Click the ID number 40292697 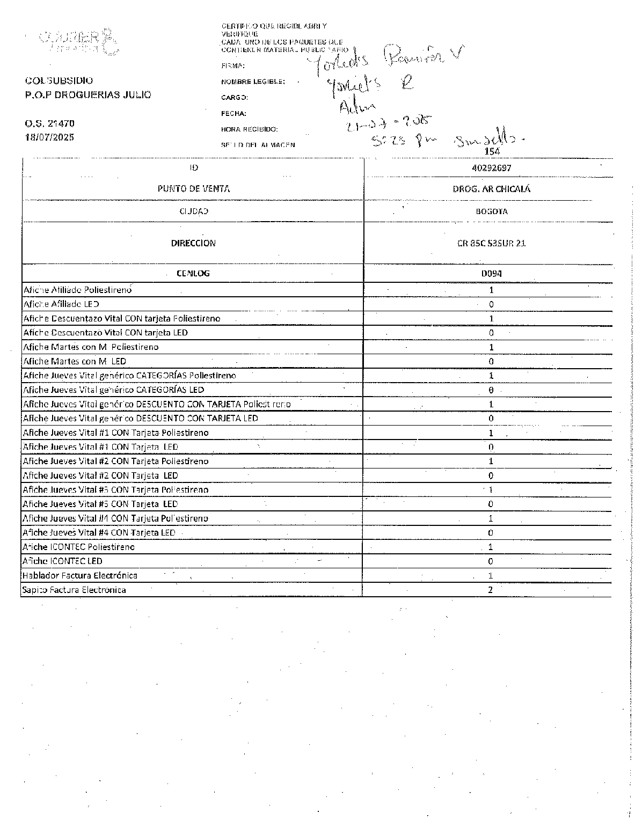[x=491, y=168]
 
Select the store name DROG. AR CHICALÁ [x=492, y=189]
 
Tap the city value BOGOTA [x=492, y=211]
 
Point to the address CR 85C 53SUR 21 [x=492, y=243]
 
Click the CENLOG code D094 [x=492, y=273]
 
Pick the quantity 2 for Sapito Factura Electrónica [x=491, y=590]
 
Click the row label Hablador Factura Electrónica [x=79, y=576]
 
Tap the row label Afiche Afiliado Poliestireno [x=77, y=290]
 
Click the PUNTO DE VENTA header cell [x=193, y=189]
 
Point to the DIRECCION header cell [x=193, y=243]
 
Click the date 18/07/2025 [x=49, y=137]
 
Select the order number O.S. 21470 [x=49, y=123]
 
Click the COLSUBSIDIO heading [x=59, y=81]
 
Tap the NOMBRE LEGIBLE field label [x=253, y=82]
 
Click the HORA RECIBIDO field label [x=249, y=129]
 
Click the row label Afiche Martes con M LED [x=75, y=361]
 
